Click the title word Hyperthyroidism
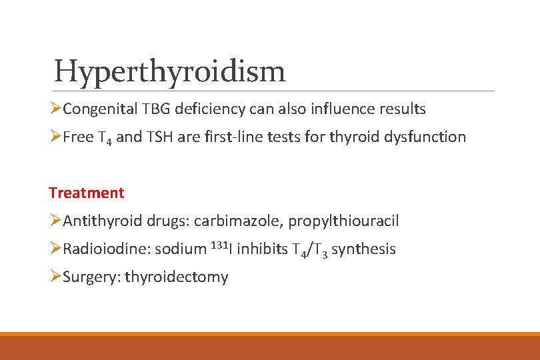(169, 71)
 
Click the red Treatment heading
(86, 193)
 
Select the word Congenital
(100, 109)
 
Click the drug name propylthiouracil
(343, 221)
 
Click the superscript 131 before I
(219, 245)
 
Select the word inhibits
(262, 249)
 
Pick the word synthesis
(363, 249)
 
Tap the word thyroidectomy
(176, 277)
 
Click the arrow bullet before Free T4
(55, 137)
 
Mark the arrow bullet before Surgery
(55, 277)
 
